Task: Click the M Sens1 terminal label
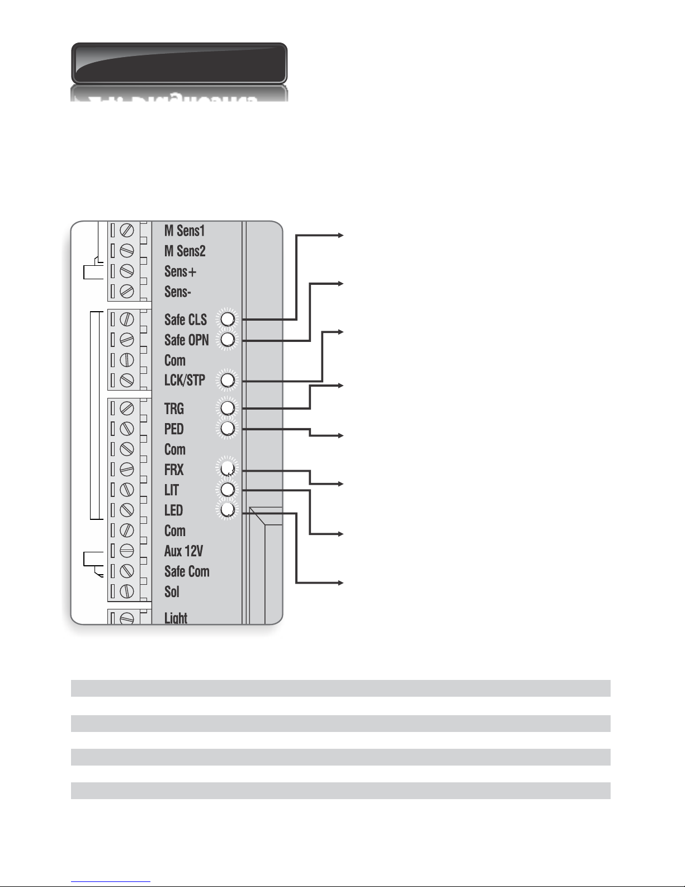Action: (185, 231)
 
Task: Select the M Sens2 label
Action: (185, 251)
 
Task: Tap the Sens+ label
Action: (180, 271)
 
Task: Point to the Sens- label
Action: (178, 292)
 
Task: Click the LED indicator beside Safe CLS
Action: (228, 319)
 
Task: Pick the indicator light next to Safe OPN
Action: (228, 339)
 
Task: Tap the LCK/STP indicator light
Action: (228, 380)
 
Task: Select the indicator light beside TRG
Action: (228, 408)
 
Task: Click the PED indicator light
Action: (228, 429)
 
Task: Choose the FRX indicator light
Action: (228, 469)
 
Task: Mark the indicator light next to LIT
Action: (228, 490)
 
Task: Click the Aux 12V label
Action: (183, 551)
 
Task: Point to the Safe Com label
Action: (187, 571)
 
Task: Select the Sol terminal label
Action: (172, 592)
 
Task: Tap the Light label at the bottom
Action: (176, 618)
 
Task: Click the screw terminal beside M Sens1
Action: (127, 231)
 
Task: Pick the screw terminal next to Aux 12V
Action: (127, 551)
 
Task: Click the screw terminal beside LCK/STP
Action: (127, 380)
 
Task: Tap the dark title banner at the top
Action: (179, 63)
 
